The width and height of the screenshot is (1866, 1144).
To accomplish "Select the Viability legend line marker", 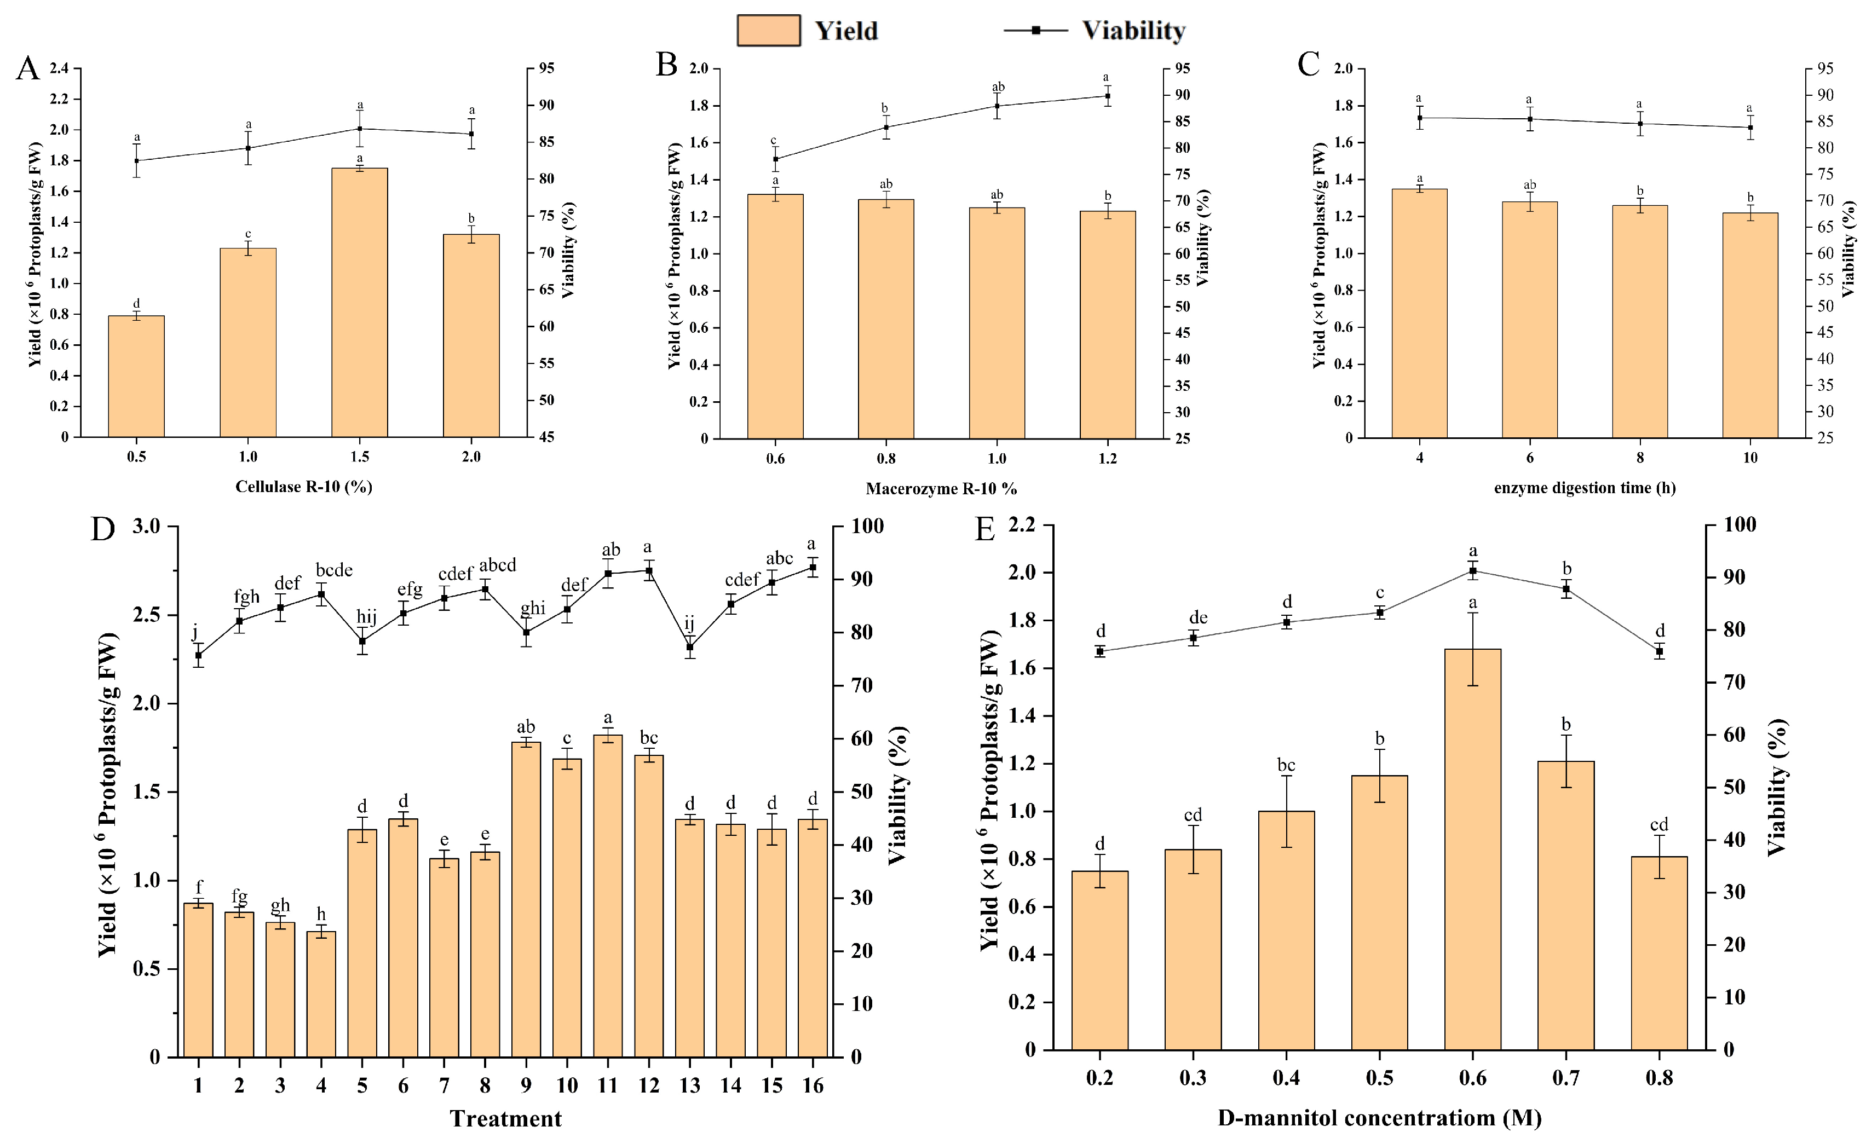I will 1035,30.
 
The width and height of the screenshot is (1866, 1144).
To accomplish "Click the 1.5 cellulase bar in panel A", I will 360,303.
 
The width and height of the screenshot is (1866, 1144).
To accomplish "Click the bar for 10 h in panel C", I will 1749,326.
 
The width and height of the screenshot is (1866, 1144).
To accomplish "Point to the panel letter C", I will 1308,65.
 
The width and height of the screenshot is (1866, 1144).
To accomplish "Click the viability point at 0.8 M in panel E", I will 1658,651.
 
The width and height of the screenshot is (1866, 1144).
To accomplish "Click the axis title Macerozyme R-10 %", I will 941,489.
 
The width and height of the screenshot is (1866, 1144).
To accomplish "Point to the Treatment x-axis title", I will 505,1118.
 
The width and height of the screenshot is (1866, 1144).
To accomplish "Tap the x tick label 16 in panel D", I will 812,1085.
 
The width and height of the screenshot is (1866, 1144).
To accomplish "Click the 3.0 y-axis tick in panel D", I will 146,526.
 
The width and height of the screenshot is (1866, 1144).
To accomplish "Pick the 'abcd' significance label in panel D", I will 498,565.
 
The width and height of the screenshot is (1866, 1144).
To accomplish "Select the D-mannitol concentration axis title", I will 1379,1118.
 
